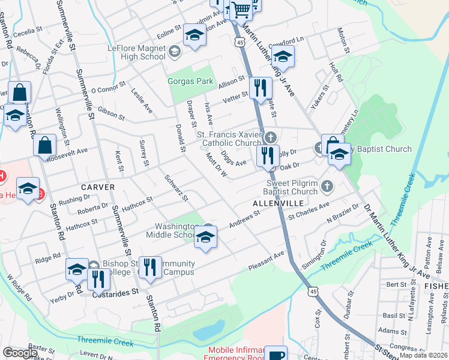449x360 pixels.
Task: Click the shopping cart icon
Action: tap(241, 8)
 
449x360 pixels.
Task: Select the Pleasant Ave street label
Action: tap(267, 258)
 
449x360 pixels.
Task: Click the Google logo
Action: tap(20, 353)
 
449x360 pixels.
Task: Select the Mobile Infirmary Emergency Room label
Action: tap(237, 353)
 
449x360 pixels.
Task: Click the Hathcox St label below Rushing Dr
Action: tap(82, 224)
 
